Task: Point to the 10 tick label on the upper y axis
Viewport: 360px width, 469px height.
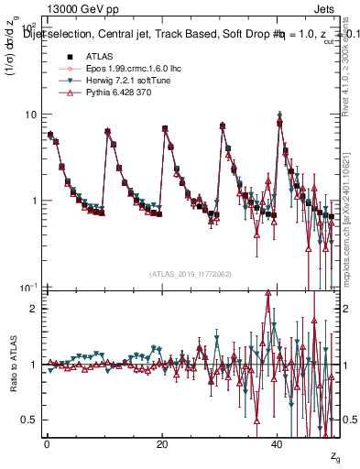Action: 30,115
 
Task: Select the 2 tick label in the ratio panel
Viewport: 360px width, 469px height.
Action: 34,309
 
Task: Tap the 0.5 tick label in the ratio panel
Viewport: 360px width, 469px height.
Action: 29,420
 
